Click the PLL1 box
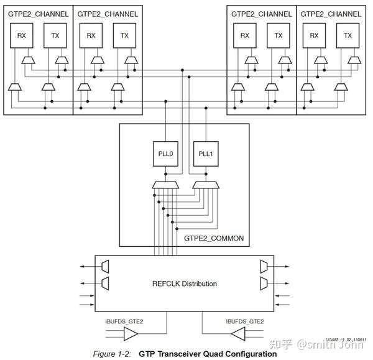(x=206, y=154)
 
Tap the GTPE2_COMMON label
(x=214, y=238)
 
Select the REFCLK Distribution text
(x=185, y=284)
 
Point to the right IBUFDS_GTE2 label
(x=244, y=321)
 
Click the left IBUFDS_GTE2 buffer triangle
(x=132, y=335)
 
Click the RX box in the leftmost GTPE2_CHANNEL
(x=21, y=37)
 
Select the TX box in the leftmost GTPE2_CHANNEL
(x=55, y=37)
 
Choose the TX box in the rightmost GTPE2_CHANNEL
(x=347, y=37)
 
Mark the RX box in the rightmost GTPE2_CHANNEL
(x=313, y=37)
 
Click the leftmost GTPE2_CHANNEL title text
(x=38, y=14)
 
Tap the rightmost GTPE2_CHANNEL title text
(x=330, y=14)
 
